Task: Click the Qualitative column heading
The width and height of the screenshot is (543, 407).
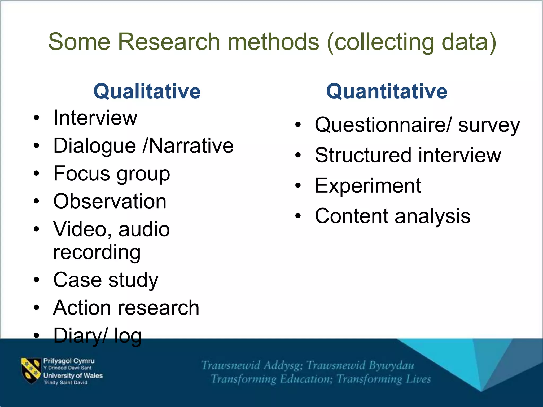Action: point(147,91)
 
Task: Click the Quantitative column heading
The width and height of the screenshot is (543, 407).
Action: point(387,91)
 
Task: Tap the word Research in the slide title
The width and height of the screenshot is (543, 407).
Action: point(169,42)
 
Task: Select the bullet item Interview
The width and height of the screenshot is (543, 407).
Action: point(95,118)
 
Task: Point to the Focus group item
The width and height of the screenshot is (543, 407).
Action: point(111,174)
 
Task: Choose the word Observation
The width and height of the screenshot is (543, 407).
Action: point(110,201)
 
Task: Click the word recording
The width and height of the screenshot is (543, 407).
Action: point(97,252)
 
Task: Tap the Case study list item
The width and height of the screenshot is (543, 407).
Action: point(106,280)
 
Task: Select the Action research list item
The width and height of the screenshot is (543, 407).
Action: point(126,308)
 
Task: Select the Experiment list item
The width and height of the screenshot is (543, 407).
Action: point(368,186)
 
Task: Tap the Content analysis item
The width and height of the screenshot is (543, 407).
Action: point(392,216)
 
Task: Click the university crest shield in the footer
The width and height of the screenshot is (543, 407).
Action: point(31,370)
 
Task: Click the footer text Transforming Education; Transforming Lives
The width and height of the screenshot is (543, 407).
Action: point(321,379)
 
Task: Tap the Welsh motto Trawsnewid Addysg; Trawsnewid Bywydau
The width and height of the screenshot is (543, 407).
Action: point(308,365)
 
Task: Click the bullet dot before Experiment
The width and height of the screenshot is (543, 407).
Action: point(298,186)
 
